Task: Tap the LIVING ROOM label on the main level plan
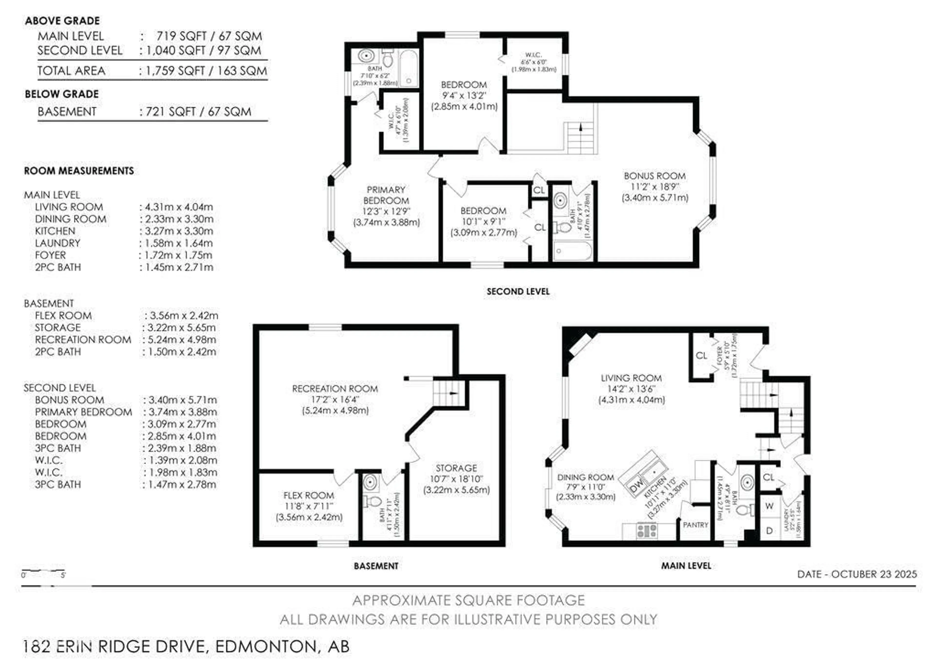631,378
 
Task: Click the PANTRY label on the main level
695,525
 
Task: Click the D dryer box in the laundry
769,531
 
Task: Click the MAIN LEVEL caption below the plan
686,566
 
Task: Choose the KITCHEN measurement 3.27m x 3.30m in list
176,231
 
